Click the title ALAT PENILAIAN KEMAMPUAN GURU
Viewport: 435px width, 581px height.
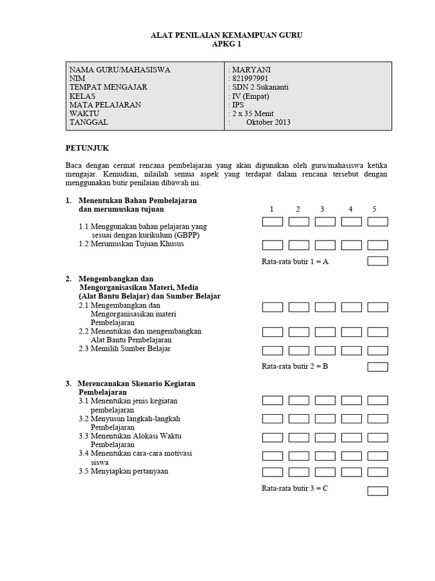227,35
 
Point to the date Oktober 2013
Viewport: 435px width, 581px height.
268,122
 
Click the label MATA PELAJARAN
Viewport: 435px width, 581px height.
105,105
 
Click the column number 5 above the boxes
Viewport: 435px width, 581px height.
374,209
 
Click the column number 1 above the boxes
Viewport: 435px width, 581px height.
271,209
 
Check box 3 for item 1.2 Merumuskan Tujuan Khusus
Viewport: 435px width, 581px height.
325,245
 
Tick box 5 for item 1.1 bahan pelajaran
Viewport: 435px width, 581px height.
378,222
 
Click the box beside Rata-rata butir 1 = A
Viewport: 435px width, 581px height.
378,261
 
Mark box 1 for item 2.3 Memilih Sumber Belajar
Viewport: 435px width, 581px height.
272,351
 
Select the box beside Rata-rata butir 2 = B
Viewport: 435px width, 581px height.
378,367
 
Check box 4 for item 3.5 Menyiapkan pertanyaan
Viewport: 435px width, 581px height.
352,472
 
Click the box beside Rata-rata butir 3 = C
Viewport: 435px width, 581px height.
378,491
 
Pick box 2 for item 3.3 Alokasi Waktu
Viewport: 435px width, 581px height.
298,437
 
